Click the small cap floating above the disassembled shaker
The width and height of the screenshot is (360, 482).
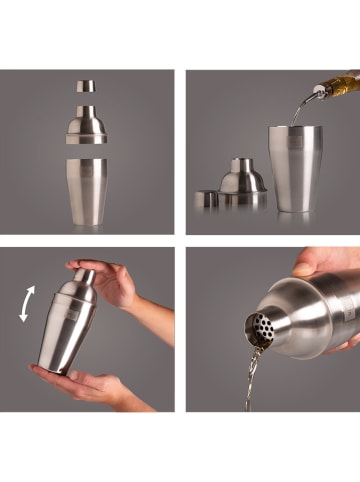point(86,86)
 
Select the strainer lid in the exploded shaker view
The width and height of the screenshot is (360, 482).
point(86,124)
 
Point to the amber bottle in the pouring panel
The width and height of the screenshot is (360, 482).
point(345,79)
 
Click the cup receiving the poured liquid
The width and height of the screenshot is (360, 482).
point(295,170)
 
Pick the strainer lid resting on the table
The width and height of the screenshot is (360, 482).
point(243,181)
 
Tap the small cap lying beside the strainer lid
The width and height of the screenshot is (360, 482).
point(206,198)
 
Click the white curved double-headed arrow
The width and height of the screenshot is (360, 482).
point(27,304)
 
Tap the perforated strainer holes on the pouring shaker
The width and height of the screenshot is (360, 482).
point(260,326)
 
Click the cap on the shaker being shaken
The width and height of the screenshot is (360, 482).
point(85,275)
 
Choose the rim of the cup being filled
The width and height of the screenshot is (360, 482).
point(295,128)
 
